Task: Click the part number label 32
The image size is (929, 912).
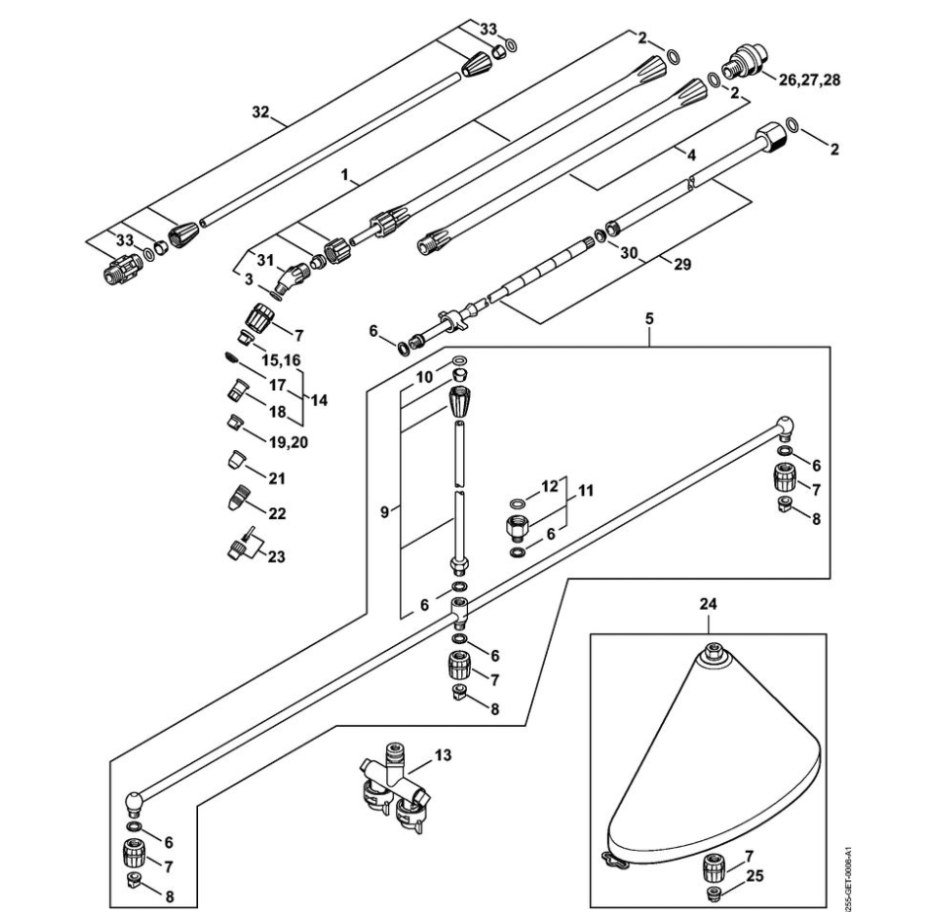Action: click(260, 113)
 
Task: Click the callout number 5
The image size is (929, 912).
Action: click(649, 320)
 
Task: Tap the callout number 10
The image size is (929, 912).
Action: click(424, 376)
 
